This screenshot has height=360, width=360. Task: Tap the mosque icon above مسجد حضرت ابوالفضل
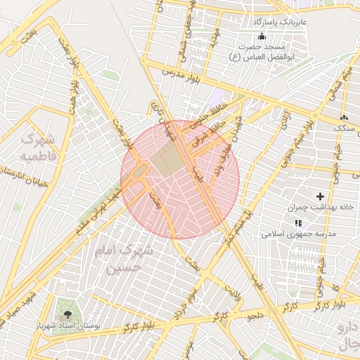[x=262, y=36]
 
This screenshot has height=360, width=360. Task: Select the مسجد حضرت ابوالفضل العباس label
[x=262, y=51]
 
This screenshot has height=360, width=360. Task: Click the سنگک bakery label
[x=344, y=129]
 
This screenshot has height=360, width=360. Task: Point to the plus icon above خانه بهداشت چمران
[x=321, y=196]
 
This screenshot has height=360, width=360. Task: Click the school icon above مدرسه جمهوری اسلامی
[x=299, y=222]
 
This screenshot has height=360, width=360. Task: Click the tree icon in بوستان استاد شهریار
[x=67, y=315]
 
